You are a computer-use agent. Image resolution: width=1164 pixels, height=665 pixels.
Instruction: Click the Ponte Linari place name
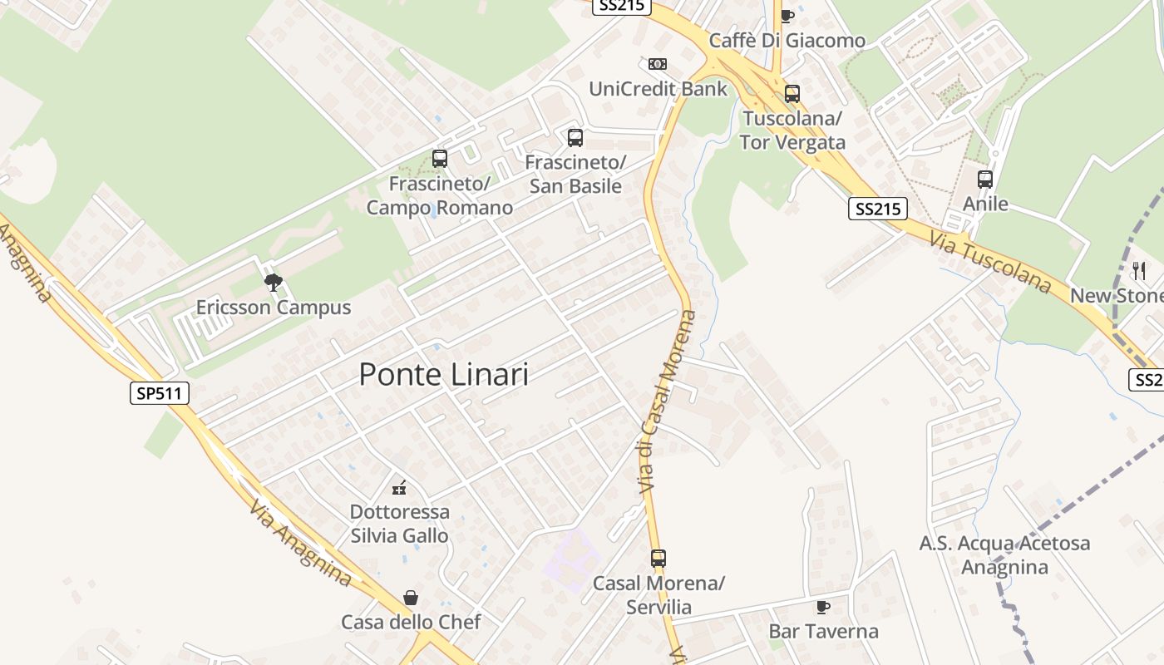click(x=443, y=375)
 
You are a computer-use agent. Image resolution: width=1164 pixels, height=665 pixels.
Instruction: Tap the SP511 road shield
click(x=160, y=392)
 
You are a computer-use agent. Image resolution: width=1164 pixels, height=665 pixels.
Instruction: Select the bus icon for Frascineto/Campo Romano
click(x=440, y=158)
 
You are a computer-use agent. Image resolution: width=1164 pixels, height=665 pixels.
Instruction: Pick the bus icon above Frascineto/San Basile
click(x=575, y=137)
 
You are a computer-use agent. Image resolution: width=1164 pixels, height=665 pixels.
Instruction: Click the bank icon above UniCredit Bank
click(x=658, y=64)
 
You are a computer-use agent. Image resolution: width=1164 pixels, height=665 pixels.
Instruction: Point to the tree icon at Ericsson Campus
click(x=273, y=283)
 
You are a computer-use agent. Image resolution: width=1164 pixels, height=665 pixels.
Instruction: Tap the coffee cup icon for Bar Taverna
click(x=822, y=608)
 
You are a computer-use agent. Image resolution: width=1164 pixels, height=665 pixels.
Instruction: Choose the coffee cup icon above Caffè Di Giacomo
click(x=787, y=16)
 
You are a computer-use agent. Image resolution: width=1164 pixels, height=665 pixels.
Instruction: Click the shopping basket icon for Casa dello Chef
click(x=411, y=598)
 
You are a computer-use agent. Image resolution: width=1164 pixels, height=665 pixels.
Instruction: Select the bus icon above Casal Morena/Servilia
click(x=658, y=559)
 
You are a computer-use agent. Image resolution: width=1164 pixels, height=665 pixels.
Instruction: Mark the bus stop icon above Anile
click(x=985, y=179)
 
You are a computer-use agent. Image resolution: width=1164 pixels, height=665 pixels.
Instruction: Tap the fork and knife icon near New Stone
click(x=1139, y=270)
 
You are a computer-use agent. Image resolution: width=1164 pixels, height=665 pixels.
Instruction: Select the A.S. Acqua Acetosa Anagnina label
click(x=1004, y=555)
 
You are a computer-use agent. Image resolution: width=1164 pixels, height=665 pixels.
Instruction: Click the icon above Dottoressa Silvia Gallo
click(x=399, y=487)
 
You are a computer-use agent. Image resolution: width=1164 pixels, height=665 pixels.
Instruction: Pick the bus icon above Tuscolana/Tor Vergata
click(x=792, y=94)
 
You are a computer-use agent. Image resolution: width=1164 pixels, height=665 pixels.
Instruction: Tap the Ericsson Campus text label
click(x=274, y=308)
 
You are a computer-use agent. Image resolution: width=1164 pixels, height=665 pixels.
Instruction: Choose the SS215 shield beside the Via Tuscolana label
click(x=877, y=209)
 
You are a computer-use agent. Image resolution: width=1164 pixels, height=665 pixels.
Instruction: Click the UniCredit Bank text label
click(x=658, y=89)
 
